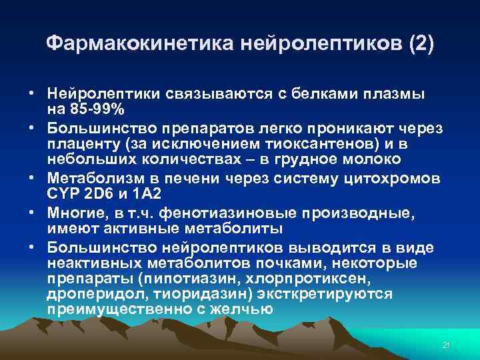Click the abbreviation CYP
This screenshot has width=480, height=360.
point(65,193)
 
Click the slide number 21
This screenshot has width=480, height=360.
point(447,345)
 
